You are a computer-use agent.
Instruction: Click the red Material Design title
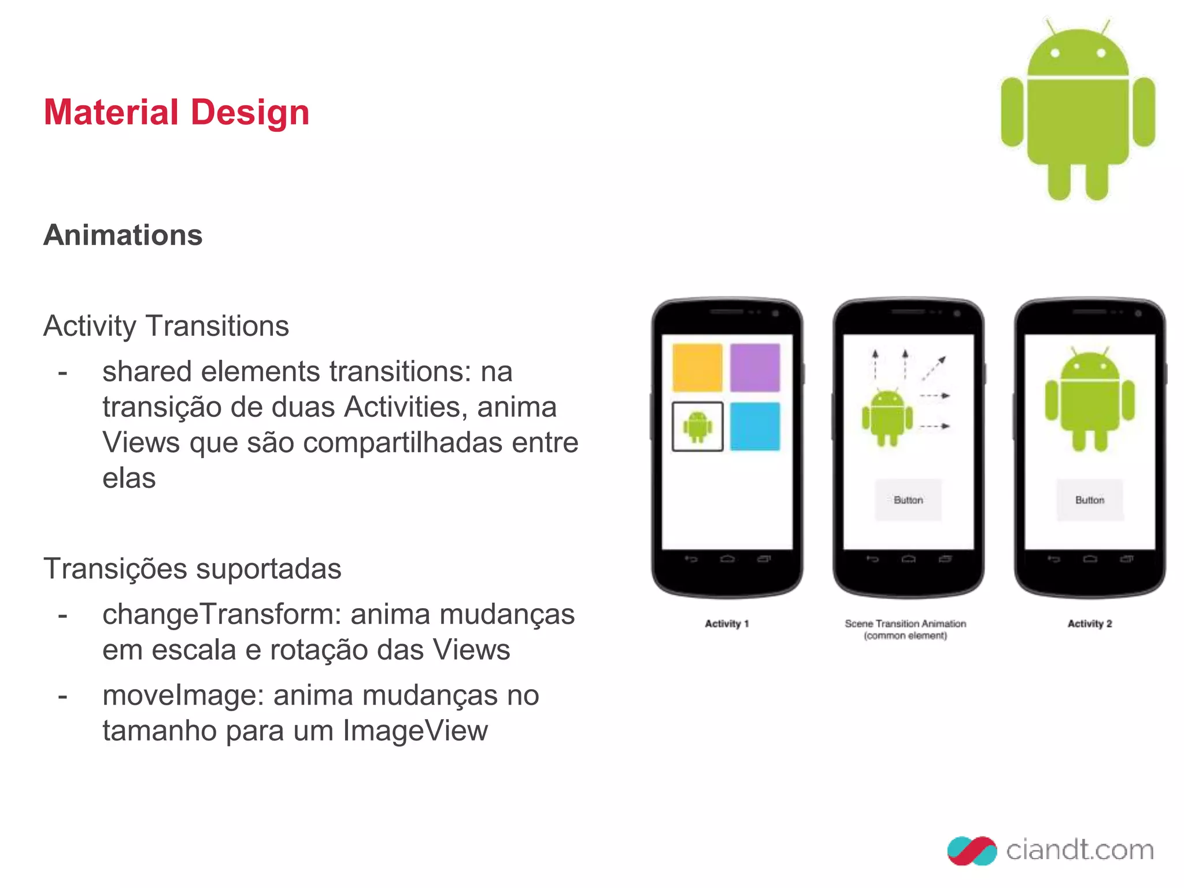176,112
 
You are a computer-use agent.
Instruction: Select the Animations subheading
123,235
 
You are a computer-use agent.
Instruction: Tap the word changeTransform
222,614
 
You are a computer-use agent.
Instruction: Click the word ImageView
415,731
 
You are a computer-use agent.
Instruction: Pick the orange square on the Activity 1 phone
697,368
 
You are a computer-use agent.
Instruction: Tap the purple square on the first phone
754,368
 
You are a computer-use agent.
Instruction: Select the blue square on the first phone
754,427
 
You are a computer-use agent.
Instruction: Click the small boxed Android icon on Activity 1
697,427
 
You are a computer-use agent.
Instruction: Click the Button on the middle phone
908,500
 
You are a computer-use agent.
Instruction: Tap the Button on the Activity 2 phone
1090,500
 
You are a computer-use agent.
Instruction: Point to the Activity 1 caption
727,624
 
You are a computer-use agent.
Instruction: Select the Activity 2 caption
1090,624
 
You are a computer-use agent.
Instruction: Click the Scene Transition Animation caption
905,629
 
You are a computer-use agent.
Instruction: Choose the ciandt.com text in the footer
1080,850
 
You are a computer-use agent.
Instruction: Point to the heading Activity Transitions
166,326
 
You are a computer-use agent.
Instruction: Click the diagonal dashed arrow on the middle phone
934,368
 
